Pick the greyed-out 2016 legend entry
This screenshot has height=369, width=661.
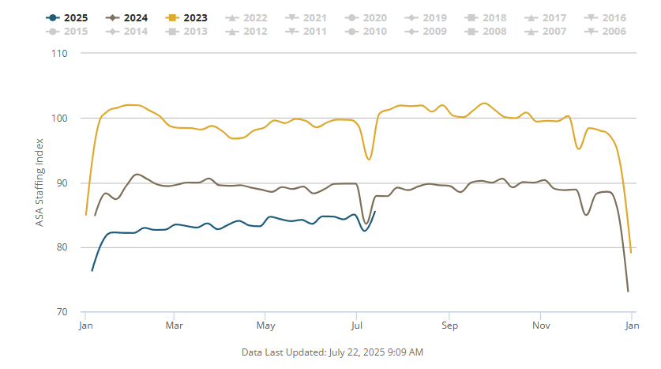pos(607,17)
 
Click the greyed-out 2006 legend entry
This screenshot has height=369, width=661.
pos(607,32)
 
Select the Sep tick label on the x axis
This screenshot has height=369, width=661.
pos(449,326)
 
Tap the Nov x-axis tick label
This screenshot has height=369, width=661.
pos(541,326)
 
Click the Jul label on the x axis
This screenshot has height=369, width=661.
pos(357,326)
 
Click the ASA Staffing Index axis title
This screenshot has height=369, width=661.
pos(39,183)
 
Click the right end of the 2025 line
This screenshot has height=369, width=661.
pos(375,212)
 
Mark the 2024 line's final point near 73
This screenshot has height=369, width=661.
pos(628,292)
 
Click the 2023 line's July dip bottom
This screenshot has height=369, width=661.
pos(369,160)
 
